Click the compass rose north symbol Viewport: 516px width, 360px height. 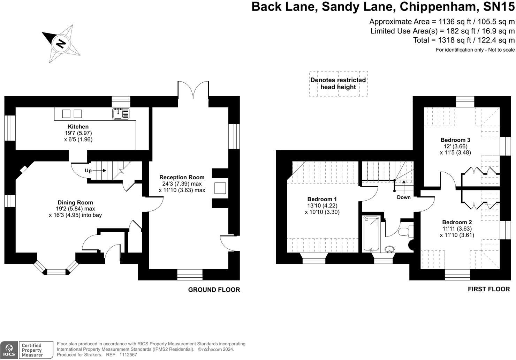[x=61, y=44]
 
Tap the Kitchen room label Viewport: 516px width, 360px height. [x=78, y=127]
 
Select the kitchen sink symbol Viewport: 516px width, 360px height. [x=121, y=113]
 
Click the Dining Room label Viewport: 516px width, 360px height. [x=75, y=202]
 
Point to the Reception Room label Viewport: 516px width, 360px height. [x=182, y=177]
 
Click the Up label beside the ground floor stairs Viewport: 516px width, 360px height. [x=88, y=171]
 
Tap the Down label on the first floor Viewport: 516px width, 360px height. [x=404, y=197]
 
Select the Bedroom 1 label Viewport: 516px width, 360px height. [x=322, y=200]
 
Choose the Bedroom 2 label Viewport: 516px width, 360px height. [x=457, y=222]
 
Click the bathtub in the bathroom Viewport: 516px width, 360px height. [x=371, y=233]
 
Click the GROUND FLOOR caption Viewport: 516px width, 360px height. [x=214, y=290]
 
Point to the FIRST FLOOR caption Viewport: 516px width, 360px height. [x=488, y=289]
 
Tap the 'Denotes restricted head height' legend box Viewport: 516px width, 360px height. [x=338, y=83]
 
